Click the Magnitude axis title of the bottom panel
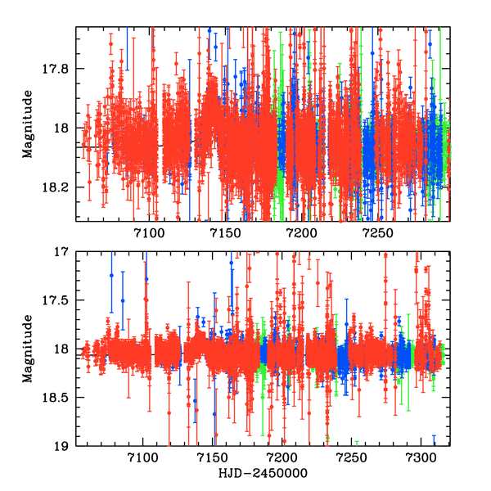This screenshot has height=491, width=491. (29, 349)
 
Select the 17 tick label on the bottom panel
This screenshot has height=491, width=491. (63, 252)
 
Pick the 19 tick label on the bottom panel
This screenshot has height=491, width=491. (63, 446)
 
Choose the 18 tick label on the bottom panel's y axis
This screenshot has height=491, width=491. (63, 349)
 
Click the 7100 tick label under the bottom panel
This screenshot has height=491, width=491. (143, 459)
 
